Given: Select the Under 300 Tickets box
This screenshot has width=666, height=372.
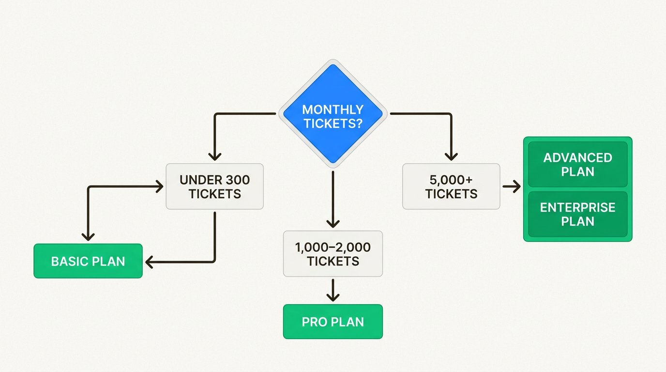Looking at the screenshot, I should tap(214, 186).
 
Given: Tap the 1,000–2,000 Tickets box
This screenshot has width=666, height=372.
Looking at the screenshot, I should tap(333, 254).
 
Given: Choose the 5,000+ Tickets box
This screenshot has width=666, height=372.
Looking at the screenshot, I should tap(451, 186).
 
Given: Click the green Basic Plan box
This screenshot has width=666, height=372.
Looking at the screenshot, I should tap(88, 261).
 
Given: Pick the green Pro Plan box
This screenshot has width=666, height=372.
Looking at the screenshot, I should tap(333, 322).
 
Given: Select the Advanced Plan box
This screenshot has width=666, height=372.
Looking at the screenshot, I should tap(577, 165).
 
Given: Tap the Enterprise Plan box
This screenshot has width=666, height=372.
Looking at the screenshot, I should tap(577, 214).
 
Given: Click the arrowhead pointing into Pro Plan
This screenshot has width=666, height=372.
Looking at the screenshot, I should tap(333, 296).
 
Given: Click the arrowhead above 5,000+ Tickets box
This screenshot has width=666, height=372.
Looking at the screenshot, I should tap(451, 156).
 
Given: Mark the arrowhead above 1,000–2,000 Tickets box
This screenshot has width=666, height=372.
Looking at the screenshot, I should tap(333, 223).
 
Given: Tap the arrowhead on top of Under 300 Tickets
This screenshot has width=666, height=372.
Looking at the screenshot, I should tap(214, 156).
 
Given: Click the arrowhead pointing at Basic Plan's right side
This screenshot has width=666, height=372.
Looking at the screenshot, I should tap(149, 262).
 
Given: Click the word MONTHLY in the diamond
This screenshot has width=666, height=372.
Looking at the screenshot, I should tap(333, 109).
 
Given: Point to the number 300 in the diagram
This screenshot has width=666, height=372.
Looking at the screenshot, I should tap(238, 180).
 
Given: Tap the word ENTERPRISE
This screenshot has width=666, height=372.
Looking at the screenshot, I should tap(577, 208).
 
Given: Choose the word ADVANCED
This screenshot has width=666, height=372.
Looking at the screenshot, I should tap(577, 158).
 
